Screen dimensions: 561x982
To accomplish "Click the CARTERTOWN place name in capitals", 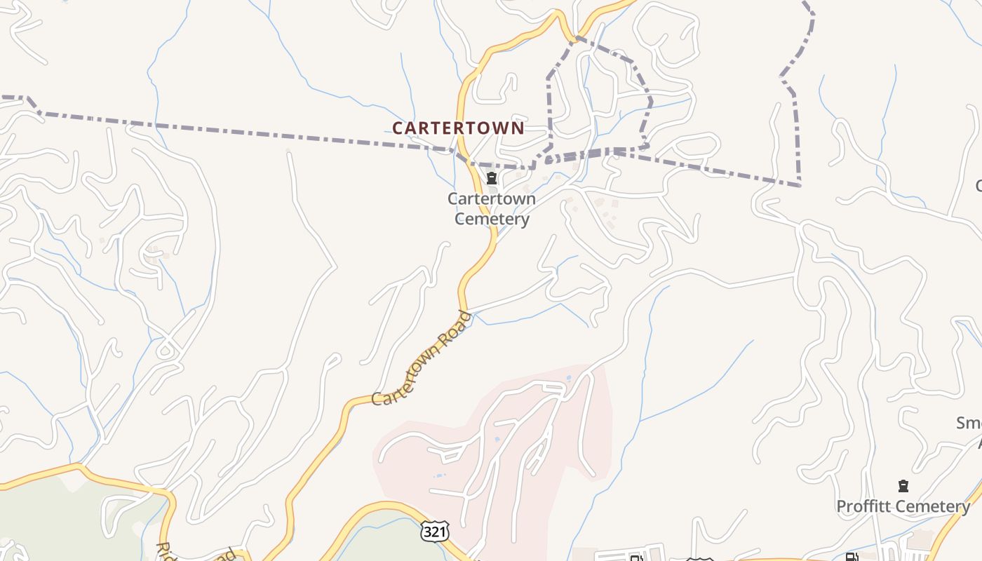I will (x=457, y=128).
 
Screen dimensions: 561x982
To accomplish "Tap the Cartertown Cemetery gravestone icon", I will (x=492, y=178).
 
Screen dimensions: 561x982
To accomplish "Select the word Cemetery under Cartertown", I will (x=492, y=219).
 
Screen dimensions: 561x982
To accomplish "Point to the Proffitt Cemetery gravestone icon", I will (x=903, y=486).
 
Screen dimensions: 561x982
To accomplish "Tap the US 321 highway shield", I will (x=434, y=532).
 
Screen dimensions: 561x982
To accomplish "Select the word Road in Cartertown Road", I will (x=455, y=326).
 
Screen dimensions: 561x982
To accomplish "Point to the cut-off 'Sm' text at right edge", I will (x=970, y=423).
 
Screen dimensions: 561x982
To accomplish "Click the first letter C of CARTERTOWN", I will (x=398, y=128).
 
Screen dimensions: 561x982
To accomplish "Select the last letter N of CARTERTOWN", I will (x=518, y=128).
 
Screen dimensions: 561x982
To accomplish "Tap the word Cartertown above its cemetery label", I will (x=492, y=199).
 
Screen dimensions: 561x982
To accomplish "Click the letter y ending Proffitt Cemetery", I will (x=965, y=508).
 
